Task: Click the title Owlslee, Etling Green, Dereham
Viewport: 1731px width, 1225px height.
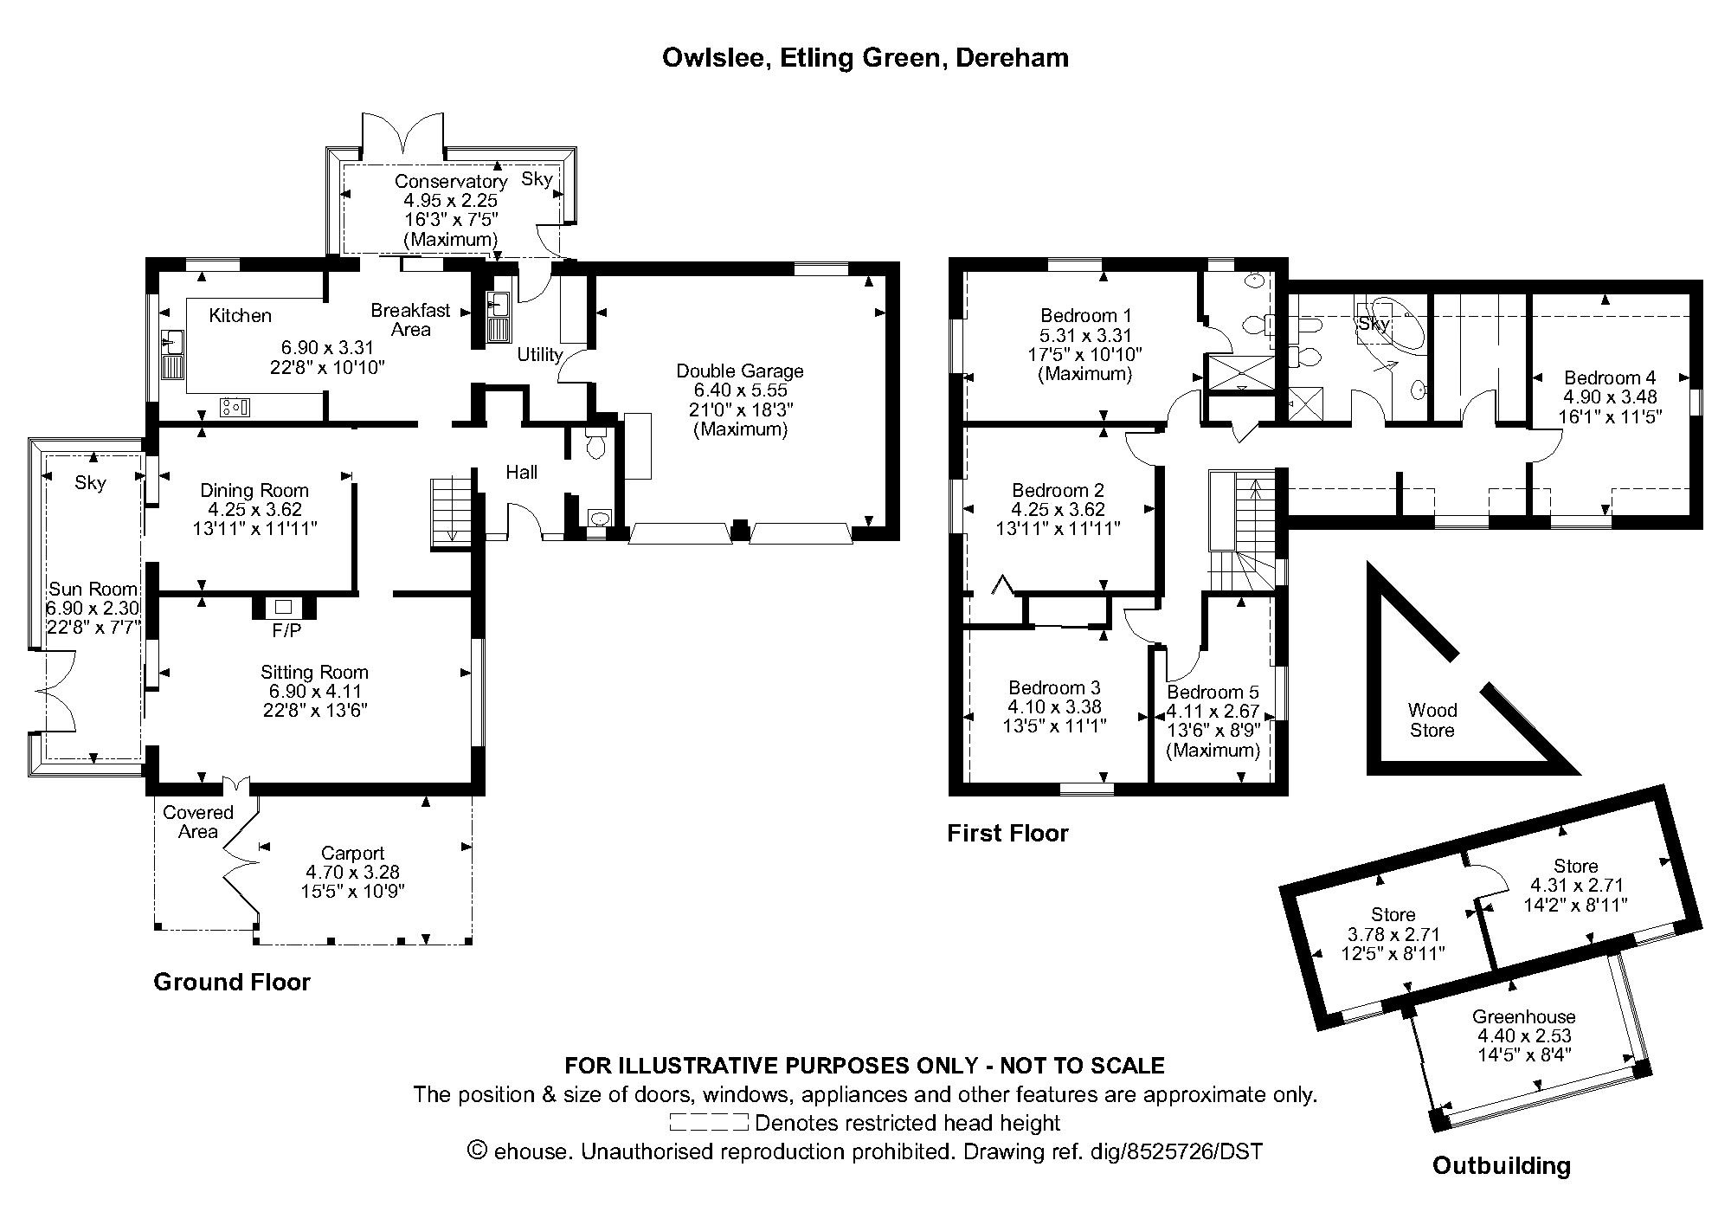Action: [865, 58]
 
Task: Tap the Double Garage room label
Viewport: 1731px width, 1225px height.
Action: [740, 371]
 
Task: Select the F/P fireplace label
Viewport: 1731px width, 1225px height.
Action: [286, 631]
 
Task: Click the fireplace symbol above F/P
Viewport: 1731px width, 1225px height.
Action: [284, 607]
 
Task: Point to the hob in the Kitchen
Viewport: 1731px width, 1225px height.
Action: [235, 406]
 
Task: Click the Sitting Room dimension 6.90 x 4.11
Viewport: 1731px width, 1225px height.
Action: [314, 692]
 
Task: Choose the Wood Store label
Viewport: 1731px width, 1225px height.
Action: [1432, 720]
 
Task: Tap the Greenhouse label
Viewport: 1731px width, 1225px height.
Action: [1523, 1016]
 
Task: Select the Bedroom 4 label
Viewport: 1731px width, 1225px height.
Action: [1610, 377]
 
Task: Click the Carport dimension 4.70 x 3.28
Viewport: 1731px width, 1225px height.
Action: [352, 873]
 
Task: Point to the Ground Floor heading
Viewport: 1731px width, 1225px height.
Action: [232, 982]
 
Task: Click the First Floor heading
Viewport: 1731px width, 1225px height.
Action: [1007, 833]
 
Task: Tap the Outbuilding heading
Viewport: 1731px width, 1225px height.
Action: [1501, 1165]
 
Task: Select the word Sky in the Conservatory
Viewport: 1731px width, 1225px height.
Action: [537, 179]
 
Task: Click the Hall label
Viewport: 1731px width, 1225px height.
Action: [521, 472]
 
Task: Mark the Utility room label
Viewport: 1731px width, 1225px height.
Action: [539, 354]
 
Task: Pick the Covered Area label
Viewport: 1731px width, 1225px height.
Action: [198, 822]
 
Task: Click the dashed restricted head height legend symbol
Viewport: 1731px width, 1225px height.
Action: [708, 1123]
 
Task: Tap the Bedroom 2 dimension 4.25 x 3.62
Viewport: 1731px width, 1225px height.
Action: [1058, 510]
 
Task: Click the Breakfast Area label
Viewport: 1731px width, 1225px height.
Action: [410, 319]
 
